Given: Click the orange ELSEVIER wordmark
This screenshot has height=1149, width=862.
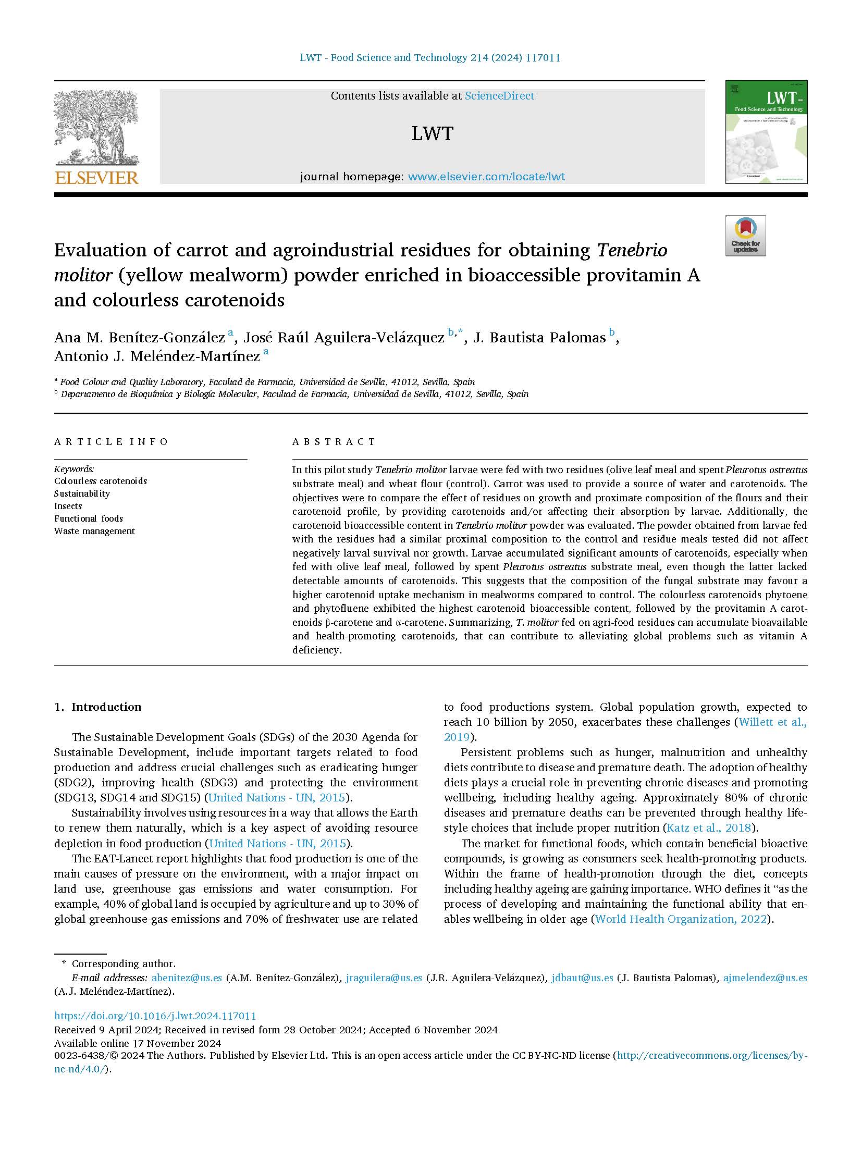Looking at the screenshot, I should (x=96, y=178).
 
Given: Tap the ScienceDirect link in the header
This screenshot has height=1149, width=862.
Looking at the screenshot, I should (x=499, y=96).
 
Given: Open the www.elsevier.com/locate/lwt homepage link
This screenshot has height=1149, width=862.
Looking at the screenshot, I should (x=486, y=177).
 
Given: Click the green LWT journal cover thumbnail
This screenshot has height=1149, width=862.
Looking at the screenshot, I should (x=766, y=132).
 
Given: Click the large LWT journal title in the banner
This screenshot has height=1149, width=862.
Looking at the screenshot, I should (x=432, y=134).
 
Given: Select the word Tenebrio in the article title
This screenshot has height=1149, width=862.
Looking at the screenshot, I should (x=632, y=251).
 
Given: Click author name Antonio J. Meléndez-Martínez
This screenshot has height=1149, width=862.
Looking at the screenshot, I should (x=157, y=356).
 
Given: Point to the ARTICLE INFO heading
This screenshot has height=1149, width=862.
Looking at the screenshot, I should (x=111, y=442).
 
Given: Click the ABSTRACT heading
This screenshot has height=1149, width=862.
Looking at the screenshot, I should (x=334, y=442).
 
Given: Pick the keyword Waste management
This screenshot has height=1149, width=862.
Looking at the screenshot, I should (x=94, y=531).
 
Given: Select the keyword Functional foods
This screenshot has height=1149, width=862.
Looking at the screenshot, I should (x=89, y=518).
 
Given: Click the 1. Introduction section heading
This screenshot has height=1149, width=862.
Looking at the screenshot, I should (x=98, y=707).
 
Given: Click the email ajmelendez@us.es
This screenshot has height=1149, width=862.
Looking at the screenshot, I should (x=765, y=978).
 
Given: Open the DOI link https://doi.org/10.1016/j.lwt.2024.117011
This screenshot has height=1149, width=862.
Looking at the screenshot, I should (x=155, y=1016).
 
